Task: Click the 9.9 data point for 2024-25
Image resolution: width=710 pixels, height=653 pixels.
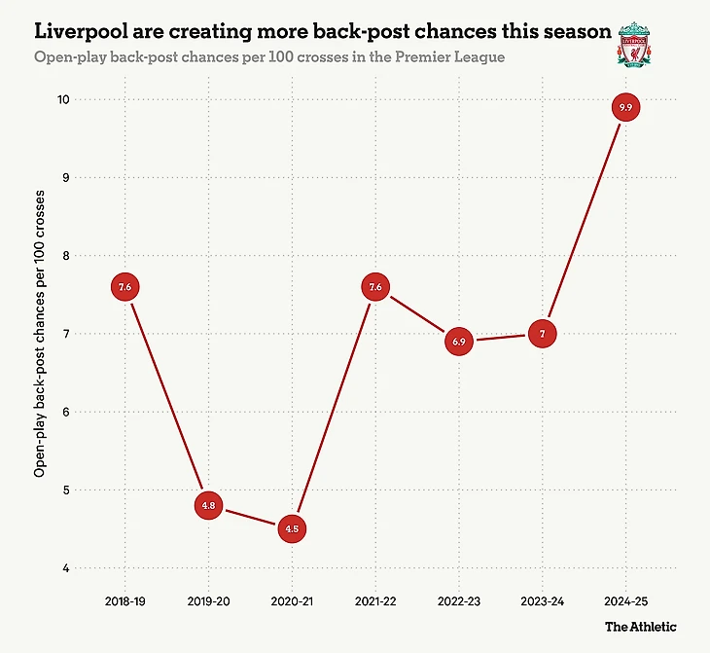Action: click(626, 108)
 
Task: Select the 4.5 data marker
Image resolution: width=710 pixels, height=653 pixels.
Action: click(293, 529)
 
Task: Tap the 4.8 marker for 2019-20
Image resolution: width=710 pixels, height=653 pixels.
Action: click(209, 506)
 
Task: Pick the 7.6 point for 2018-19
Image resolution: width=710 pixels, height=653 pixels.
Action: click(125, 287)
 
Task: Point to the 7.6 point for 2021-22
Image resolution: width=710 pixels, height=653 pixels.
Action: click(376, 287)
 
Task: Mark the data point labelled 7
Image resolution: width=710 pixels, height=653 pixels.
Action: click(544, 334)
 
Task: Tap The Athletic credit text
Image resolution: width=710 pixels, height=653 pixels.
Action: click(640, 627)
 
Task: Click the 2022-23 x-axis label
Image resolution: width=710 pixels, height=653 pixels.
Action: click(460, 601)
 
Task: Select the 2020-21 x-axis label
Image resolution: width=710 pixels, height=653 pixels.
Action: click(293, 601)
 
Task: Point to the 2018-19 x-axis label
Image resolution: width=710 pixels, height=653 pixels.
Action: click(125, 601)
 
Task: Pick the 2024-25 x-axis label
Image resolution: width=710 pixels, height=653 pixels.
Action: click(626, 601)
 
